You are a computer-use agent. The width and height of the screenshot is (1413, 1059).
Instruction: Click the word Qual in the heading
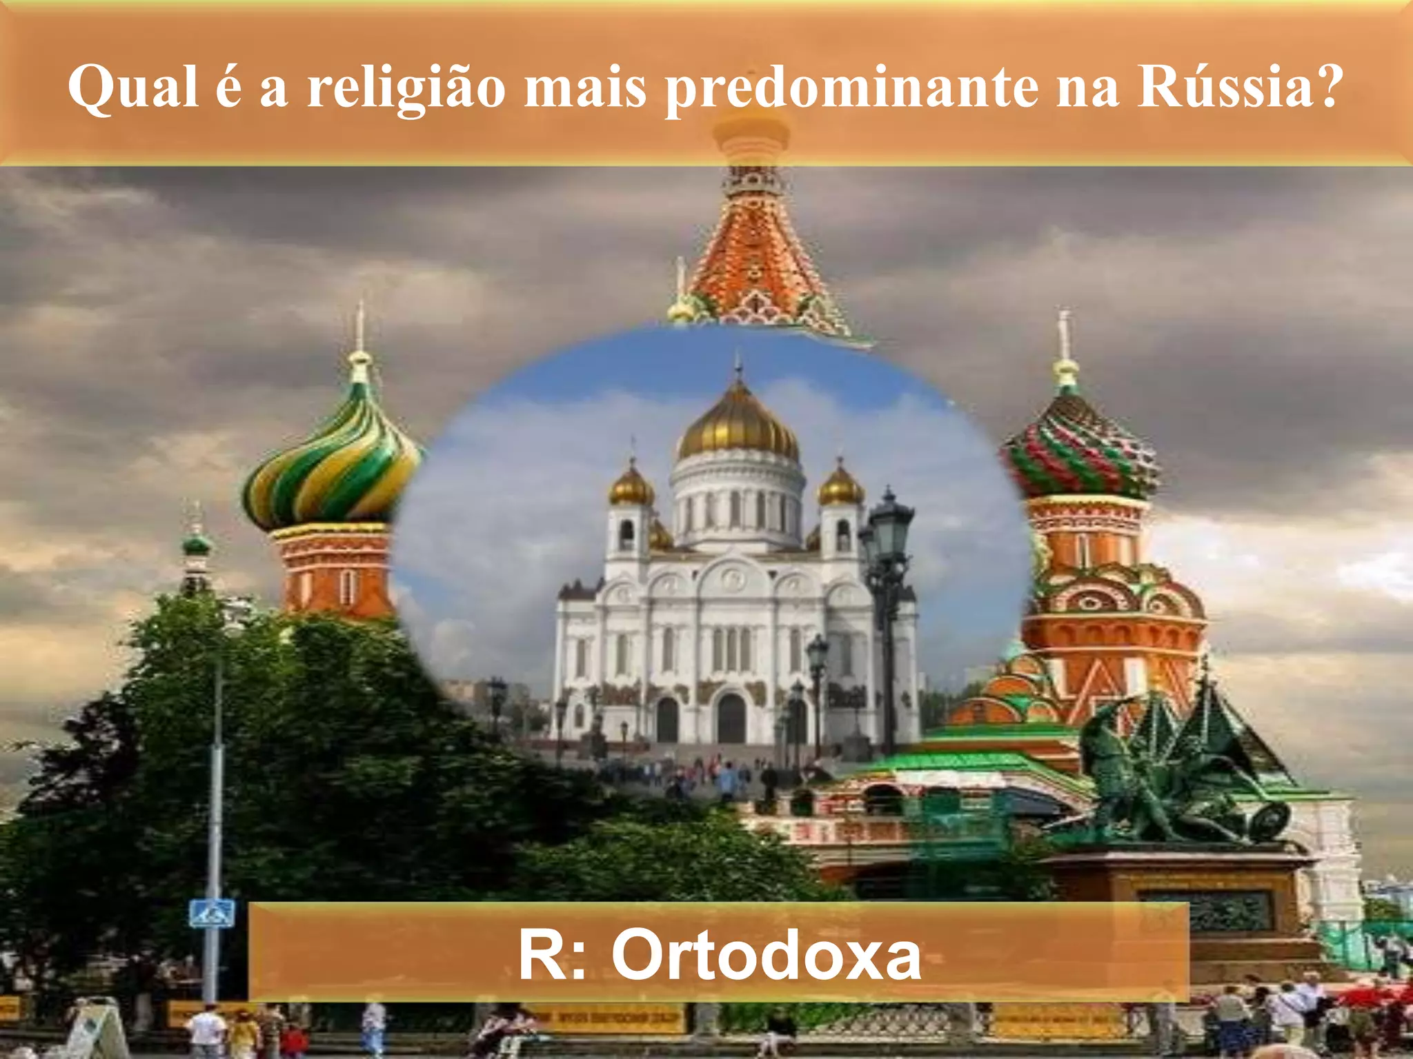click(x=133, y=88)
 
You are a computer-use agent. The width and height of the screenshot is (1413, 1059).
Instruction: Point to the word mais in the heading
click(x=585, y=88)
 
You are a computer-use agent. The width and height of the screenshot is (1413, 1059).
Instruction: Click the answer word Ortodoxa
click(x=766, y=955)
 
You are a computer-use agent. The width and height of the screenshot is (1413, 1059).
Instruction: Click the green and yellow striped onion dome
click(x=333, y=461)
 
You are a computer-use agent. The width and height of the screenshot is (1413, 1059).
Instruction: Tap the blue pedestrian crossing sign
click(x=212, y=914)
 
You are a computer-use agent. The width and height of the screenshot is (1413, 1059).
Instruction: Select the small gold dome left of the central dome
click(x=631, y=486)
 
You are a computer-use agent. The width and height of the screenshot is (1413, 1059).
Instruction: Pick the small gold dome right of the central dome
click(x=840, y=486)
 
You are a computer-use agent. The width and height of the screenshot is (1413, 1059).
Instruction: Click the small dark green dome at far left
click(x=197, y=545)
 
